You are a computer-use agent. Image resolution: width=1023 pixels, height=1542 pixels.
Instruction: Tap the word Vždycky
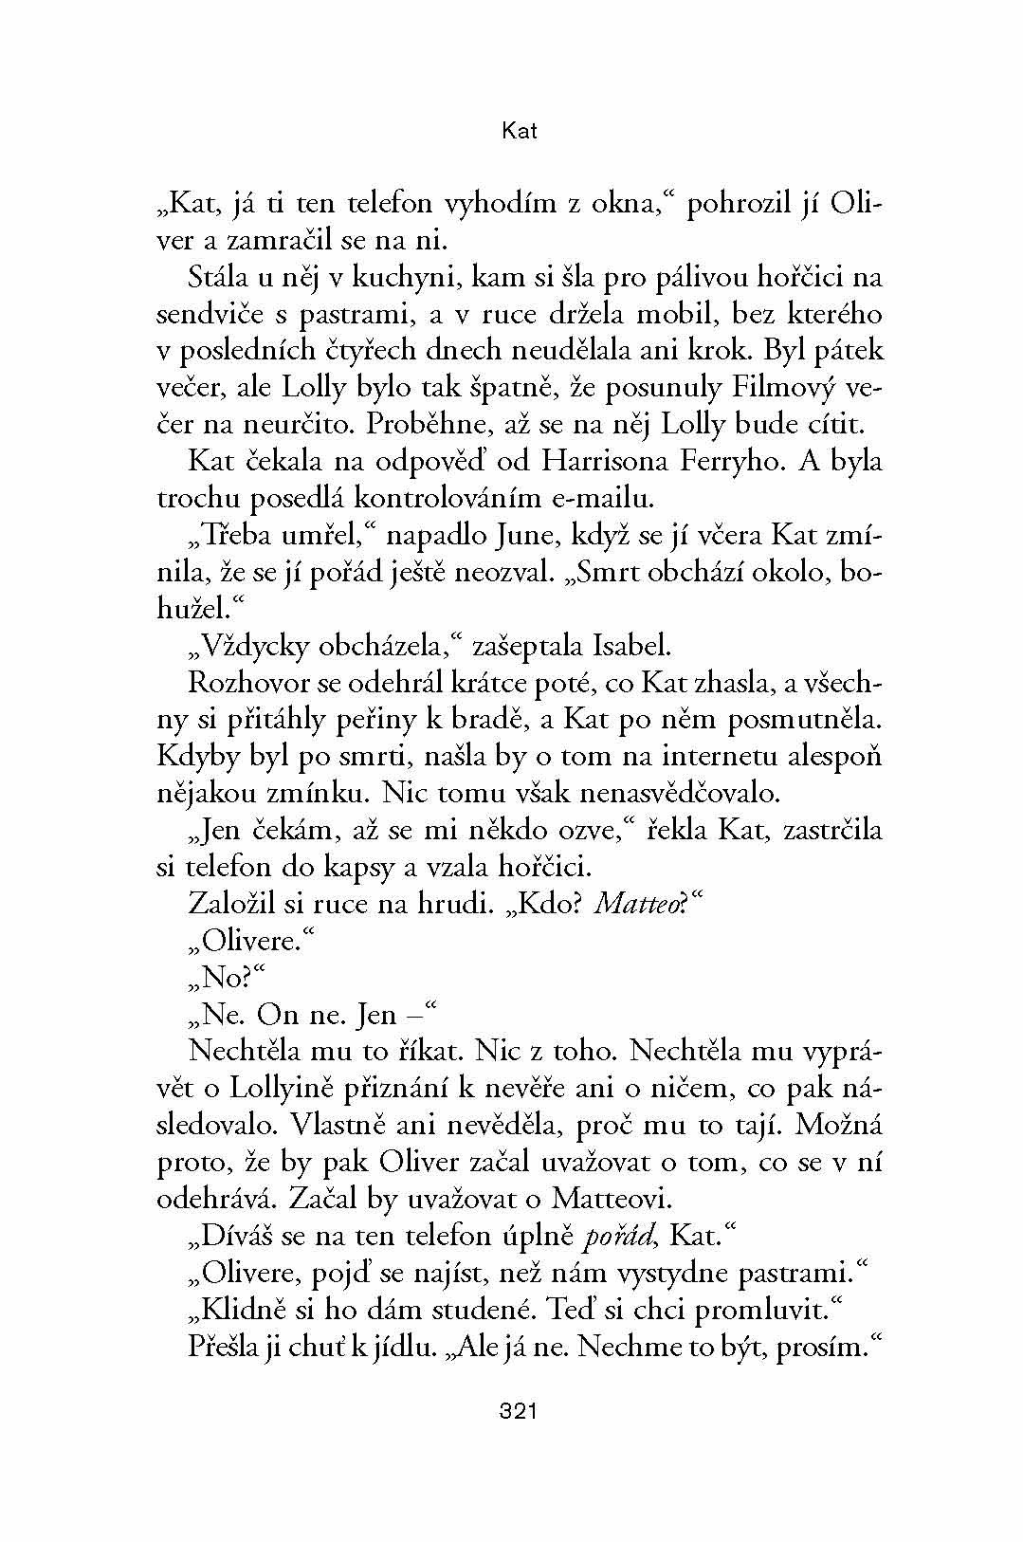(256, 647)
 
